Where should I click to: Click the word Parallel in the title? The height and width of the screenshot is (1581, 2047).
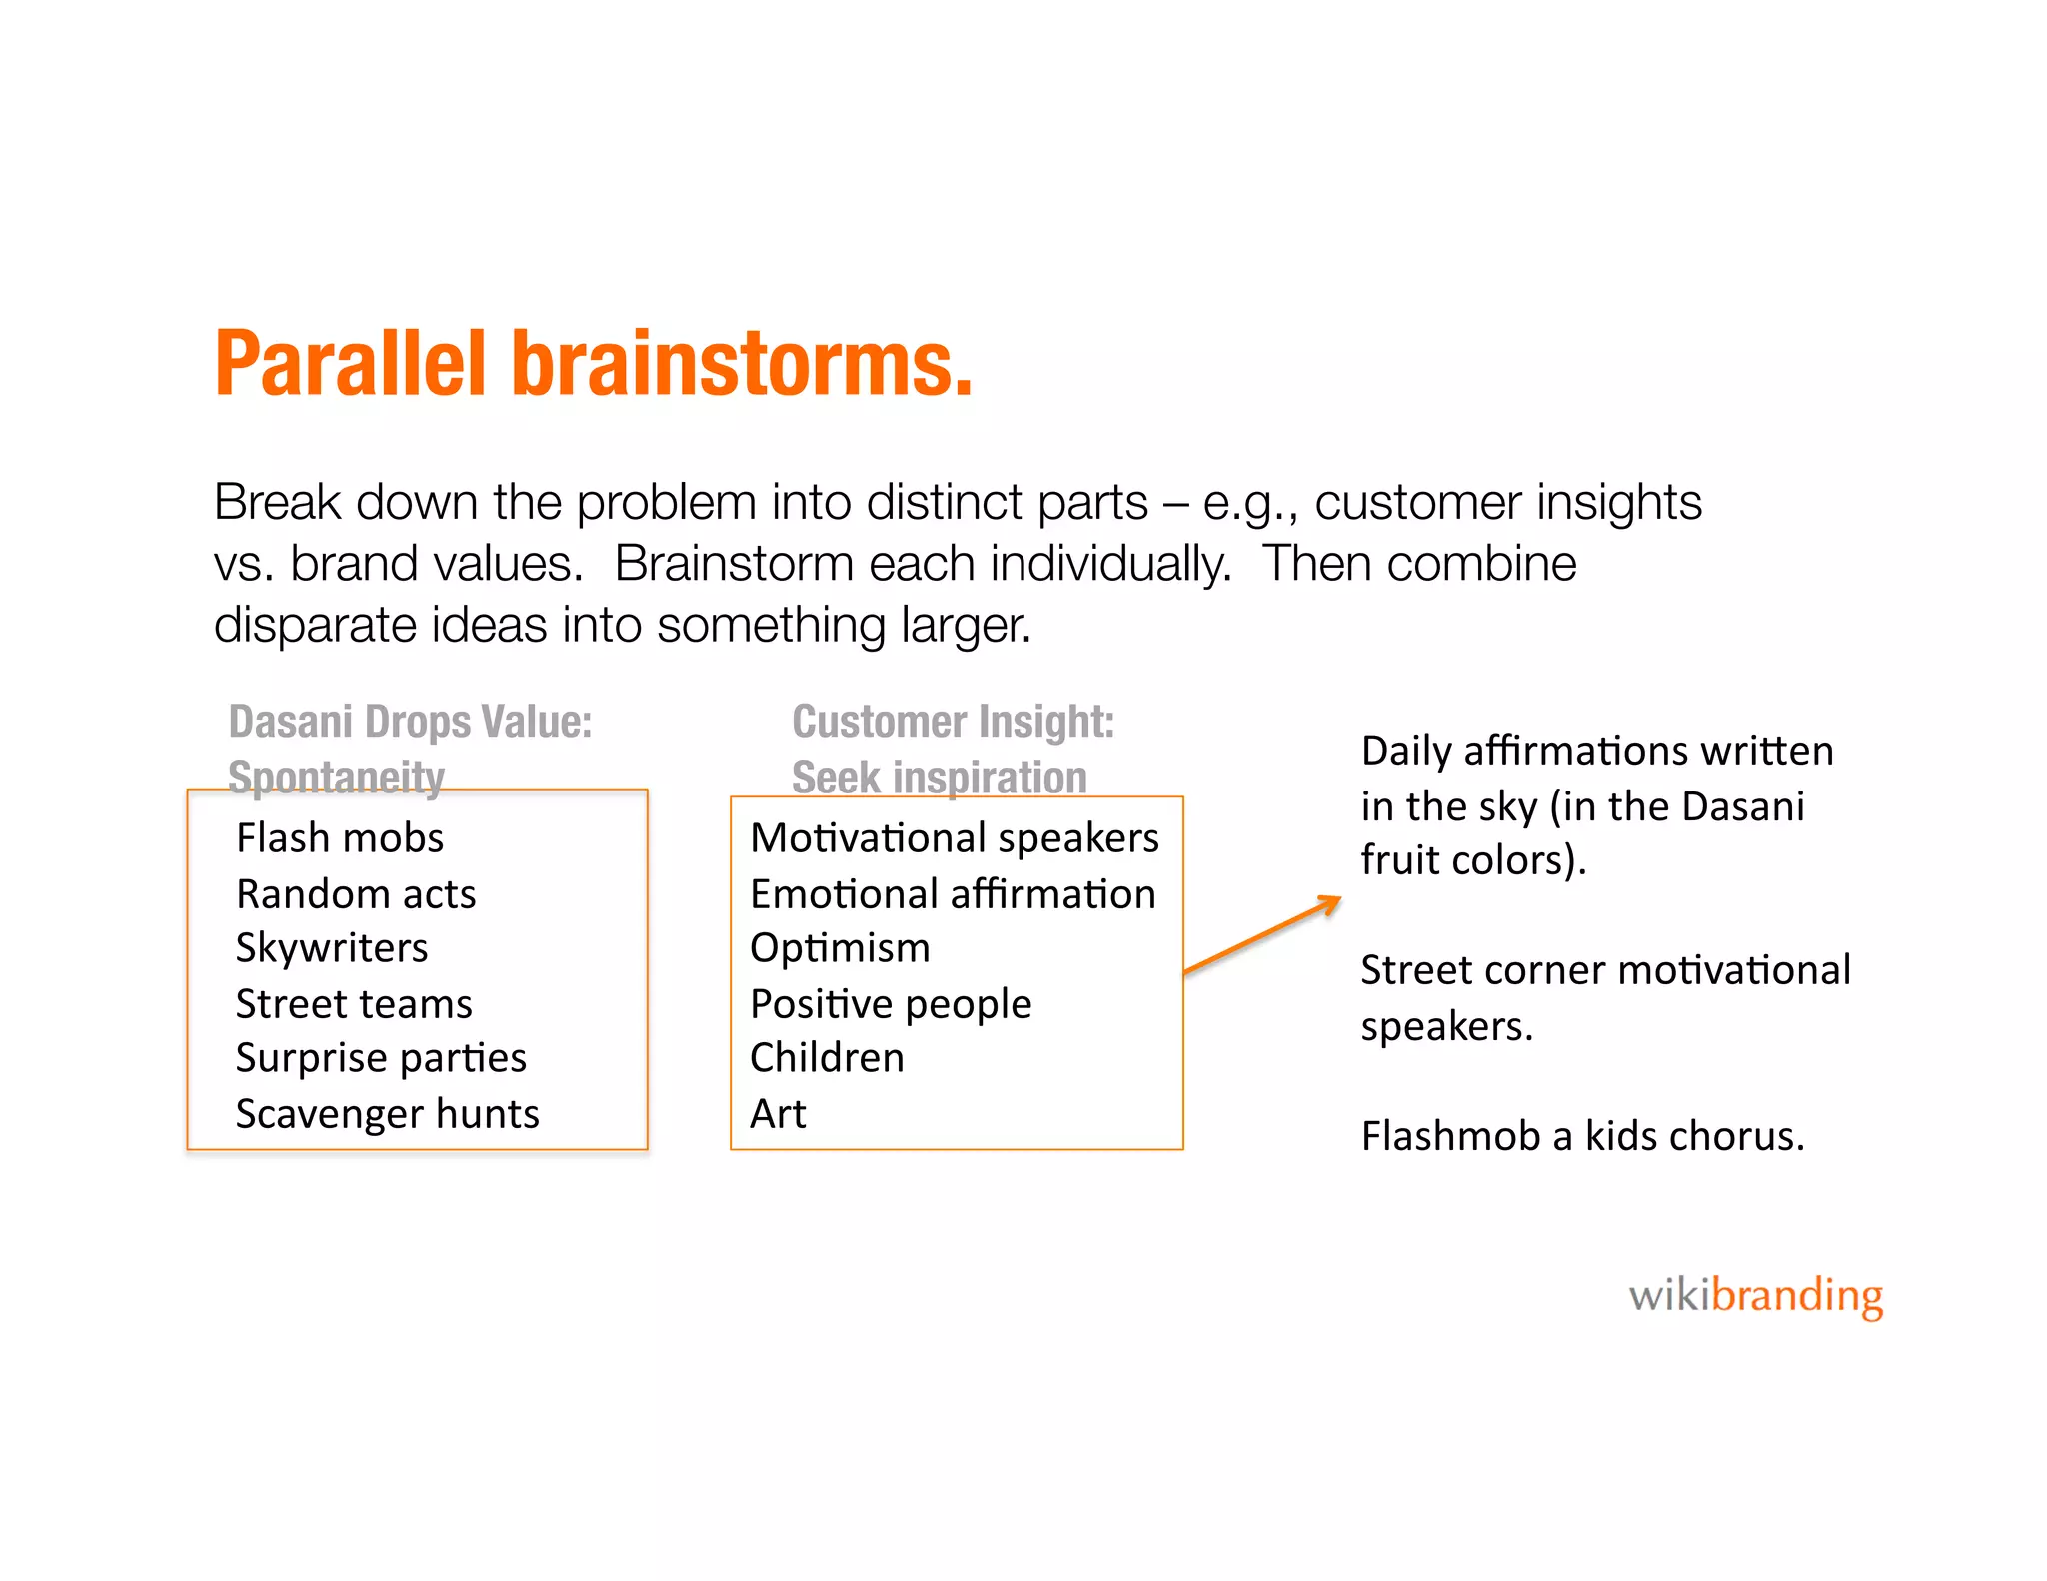pyautogui.click(x=350, y=365)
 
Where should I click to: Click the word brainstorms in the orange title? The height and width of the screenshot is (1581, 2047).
pyautogui.click(x=740, y=365)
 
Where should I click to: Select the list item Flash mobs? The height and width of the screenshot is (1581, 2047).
pyautogui.click(x=340, y=838)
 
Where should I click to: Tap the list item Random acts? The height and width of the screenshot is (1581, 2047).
pyautogui.click(x=356, y=894)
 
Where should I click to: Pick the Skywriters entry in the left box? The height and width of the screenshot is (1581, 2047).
pyautogui.click(x=332, y=948)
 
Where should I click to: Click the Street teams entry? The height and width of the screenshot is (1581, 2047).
pyautogui.click(x=354, y=1004)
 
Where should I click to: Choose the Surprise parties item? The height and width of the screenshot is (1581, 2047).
pyautogui.click(x=381, y=1058)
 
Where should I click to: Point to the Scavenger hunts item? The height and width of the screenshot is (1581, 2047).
pyautogui.click(x=387, y=1114)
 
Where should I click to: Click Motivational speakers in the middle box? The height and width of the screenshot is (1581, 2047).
pyautogui.click(x=955, y=838)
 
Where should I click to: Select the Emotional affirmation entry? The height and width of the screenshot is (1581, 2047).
pyautogui.click(x=953, y=894)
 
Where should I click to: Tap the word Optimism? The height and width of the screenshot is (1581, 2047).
pyautogui.click(x=840, y=948)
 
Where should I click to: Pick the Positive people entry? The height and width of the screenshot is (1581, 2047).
pyautogui.click(x=891, y=1004)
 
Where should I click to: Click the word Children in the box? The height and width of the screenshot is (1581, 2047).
pyautogui.click(x=827, y=1058)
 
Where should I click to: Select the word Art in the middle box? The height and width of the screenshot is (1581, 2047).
pyautogui.click(x=778, y=1114)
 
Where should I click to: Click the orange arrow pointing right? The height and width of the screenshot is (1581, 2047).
pyautogui.click(x=1261, y=935)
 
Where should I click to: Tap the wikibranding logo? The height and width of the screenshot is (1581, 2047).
pyautogui.click(x=1755, y=1296)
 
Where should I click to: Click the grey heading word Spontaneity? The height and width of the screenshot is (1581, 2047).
pyautogui.click(x=336, y=777)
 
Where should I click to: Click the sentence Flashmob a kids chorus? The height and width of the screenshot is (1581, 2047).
pyautogui.click(x=1582, y=1137)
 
